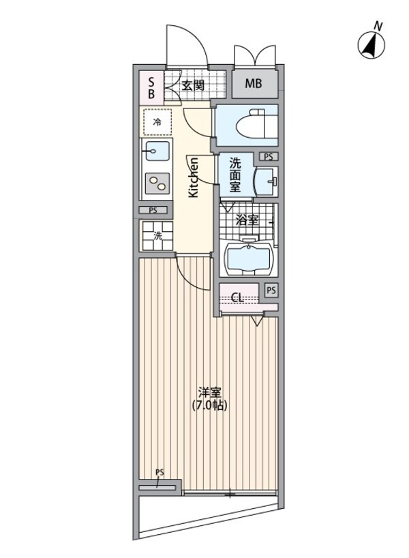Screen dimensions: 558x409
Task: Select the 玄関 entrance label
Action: pos(194,85)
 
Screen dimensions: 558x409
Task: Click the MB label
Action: pos(254,85)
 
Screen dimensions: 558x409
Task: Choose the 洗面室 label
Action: pos(235,175)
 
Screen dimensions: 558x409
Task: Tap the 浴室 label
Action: pos(246,220)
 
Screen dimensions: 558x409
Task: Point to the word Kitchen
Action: pos(194,177)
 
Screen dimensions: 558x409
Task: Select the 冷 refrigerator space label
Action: pos(157,123)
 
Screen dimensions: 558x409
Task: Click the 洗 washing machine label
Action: pos(157,237)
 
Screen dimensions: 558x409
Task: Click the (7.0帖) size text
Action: pos(209,405)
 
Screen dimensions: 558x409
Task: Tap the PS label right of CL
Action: pos(271,290)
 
